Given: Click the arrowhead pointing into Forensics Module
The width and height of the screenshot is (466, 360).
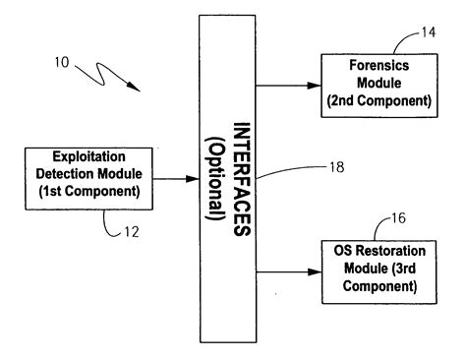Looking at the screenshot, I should pos(315,85).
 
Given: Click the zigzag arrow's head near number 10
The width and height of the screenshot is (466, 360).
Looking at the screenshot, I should pos(139,90).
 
